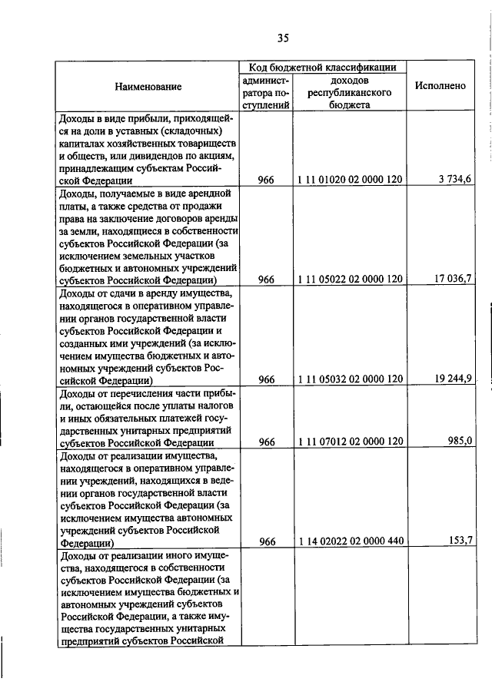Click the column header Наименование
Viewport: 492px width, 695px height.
coord(148,87)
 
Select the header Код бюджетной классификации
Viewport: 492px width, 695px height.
coord(322,68)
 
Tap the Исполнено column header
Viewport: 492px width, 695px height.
coord(440,86)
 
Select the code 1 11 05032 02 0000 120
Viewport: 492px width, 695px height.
coord(349,379)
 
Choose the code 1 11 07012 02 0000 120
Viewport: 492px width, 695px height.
coord(349,442)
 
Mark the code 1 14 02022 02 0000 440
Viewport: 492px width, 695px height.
coord(349,542)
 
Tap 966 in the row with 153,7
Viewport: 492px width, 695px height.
coord(266,542)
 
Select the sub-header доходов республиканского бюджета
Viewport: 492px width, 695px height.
coord(349,93)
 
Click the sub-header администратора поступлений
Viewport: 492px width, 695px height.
coord(264,93)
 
